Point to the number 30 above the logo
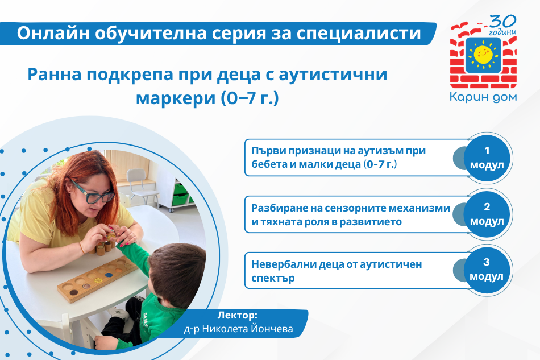tap(503, 22)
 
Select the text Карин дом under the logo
tap(483, 97)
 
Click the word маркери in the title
tap(176, 98)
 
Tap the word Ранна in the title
tap(55, 74)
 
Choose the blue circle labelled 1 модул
tap(487, 158)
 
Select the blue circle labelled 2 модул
tap(487, 214)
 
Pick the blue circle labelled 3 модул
tap(487, 270)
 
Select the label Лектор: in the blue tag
tap(237, 315)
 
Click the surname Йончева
tap(272, 329)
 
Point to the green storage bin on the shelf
tap(180, 189)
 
